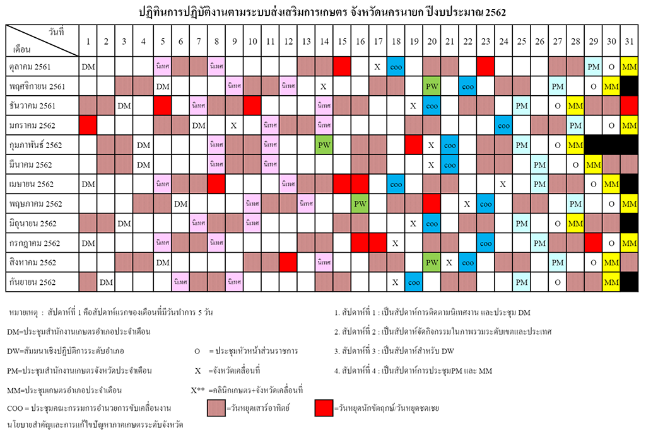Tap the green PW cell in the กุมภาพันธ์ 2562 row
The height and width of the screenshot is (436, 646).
[x=324, y=145]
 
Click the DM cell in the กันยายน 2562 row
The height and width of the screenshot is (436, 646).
[x=106, y=282]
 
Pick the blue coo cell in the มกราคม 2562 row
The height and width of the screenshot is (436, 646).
[x=503, y=125]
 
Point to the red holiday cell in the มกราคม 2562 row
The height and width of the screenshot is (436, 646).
[x=88, y=125]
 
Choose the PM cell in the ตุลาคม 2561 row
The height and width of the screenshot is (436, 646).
[x=593, y=66]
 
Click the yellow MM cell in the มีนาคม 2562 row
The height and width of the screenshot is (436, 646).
[x=593, y=164]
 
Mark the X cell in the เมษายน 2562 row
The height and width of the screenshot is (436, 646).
[x=503, y=184]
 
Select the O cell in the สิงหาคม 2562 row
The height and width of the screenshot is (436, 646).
[x=593, y=262]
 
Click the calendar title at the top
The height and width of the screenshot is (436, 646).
[x=322, y=11]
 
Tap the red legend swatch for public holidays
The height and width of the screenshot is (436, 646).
[x=324, y=408]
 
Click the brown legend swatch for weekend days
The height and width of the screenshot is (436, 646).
[x=216, y=408]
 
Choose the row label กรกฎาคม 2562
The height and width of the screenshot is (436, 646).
[x=35, y=243]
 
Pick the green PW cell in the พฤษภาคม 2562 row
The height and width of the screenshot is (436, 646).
[x=360, y=204]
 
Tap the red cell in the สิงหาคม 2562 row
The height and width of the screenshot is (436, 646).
[x=288, y=262]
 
